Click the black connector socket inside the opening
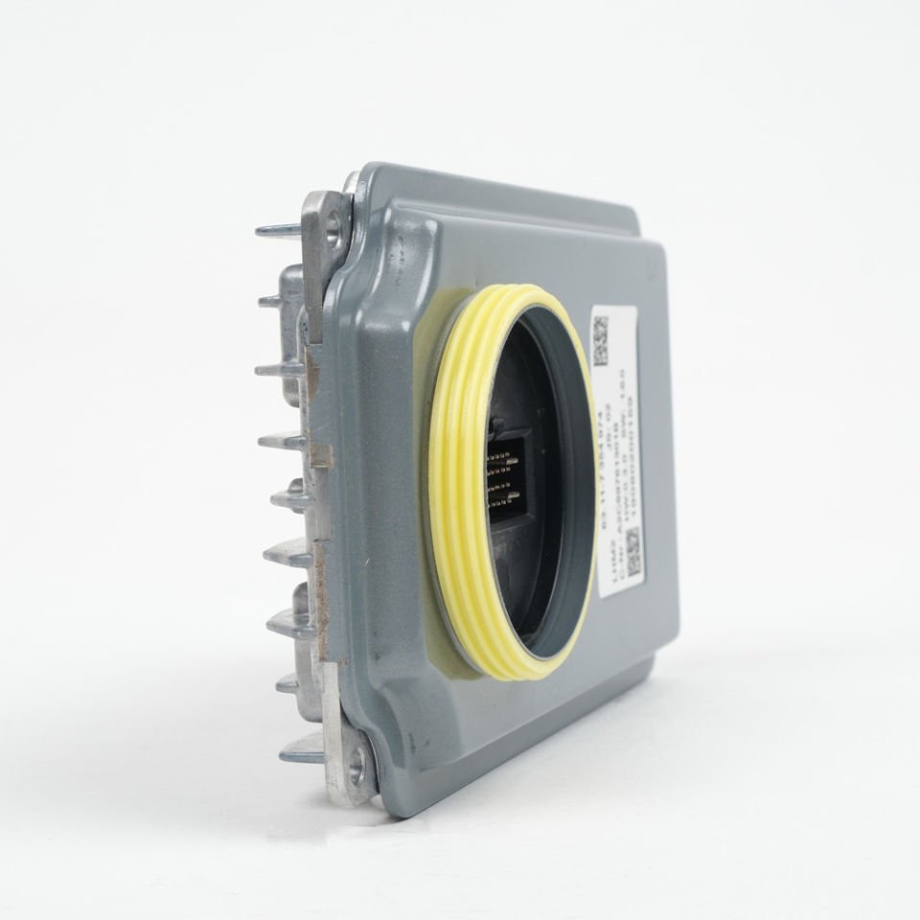(513, 479)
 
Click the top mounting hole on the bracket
(332, 227)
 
